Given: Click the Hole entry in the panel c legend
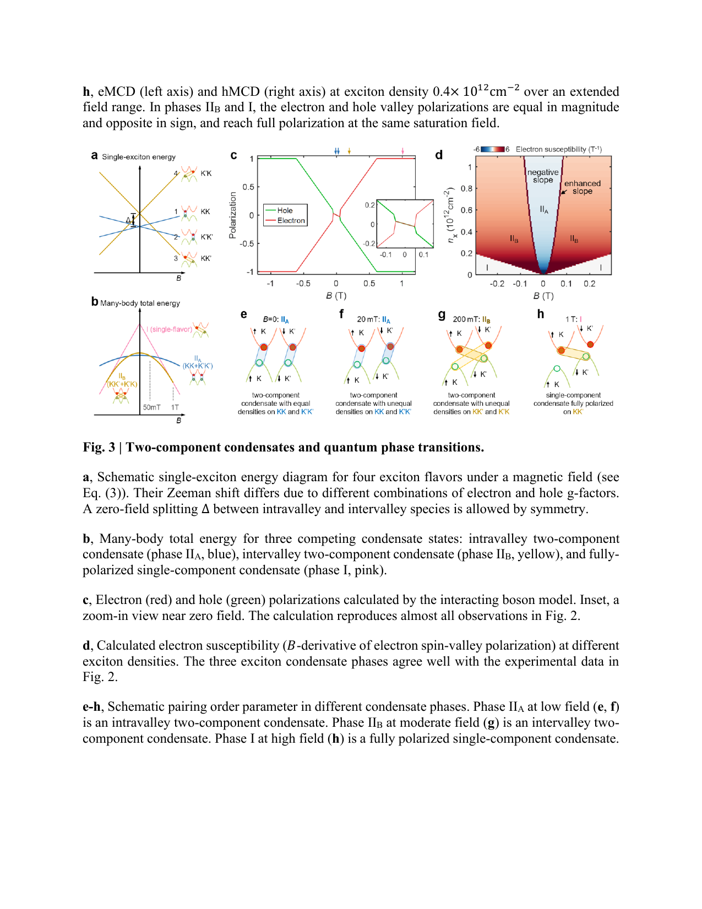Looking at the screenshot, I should (x=285, y=210).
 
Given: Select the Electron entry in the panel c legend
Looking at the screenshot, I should (x=291, y=221).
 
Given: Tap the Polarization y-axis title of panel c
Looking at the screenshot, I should (x=232, y=215).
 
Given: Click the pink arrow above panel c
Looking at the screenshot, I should (x=403, y=151).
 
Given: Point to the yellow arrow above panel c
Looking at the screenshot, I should (x=349, y=151).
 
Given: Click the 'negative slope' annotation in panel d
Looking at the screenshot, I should (x=543, y=176).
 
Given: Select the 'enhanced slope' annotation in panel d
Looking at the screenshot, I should (x=582, y=187).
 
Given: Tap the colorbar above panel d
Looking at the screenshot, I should (x=493, y=149).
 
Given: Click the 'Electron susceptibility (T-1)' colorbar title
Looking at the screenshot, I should (x=558, y=149).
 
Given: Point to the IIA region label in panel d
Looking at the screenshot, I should (x=544, y=209).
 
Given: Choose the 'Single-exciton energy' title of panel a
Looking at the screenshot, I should (x=139, y=157).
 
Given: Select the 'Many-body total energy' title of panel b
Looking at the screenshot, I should (x=140, y=303).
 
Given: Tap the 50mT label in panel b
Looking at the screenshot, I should (x=151, y=407).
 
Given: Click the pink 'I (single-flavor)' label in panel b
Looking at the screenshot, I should (x=169, y=329).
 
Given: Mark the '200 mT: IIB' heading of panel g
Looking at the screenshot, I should (x=471, y=319).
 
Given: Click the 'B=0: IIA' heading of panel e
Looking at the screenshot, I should (x=275, y=319).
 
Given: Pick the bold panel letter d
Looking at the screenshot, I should (x=439, y=155).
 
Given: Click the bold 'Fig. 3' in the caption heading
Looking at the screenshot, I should (x=99, y=447).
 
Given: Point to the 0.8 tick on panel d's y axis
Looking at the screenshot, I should (x=466, y=188).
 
